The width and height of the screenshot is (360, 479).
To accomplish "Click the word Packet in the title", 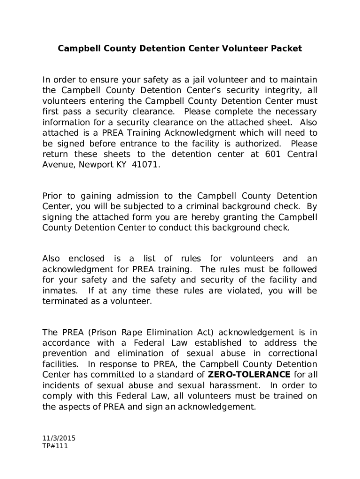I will click(x=284, y=48).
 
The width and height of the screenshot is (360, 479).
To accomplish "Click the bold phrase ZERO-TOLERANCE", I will click(x=249, y=375).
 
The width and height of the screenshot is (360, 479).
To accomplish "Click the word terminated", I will click(x=64, y=302).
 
